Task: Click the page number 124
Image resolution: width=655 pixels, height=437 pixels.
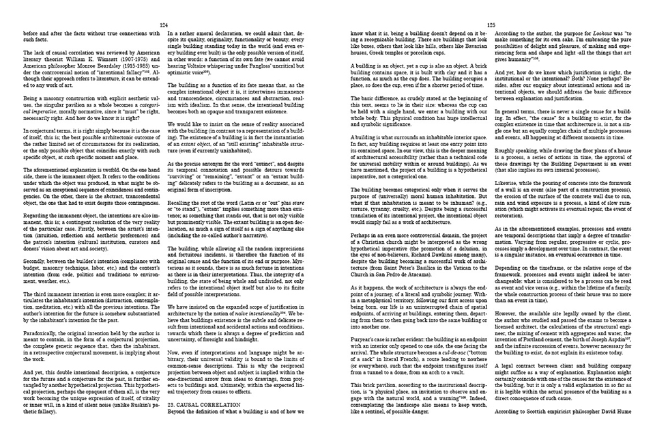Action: tap(164, 24)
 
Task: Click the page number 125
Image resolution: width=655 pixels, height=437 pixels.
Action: tap(491, 24)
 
